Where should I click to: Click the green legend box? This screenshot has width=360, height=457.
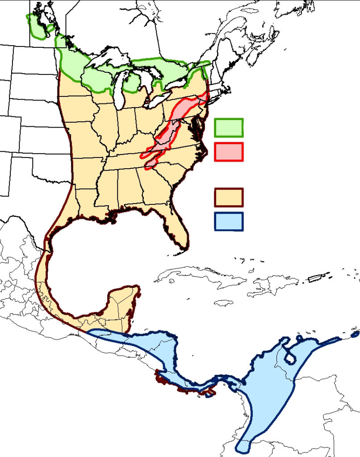pyautogui.click(x=228, y=128)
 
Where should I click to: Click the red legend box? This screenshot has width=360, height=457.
pyautogui.click(x=228, y=152)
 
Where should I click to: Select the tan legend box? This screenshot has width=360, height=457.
pyautogui.click(x=228, y=197)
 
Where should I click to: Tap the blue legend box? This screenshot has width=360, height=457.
pyautogui.click(x=228, y=221)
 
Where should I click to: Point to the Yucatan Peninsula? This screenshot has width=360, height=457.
pyautogui.click(x=123, y=306)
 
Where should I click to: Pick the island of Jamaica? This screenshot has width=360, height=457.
pyautogui.click(x=223, y=303)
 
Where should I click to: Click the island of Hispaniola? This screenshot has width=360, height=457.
pyautogui.click(x=268, y=286)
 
